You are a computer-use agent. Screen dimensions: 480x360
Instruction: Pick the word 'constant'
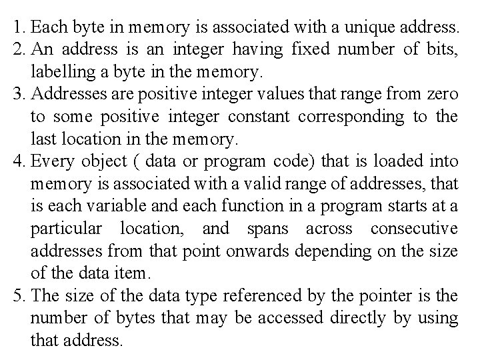tap(259, 116)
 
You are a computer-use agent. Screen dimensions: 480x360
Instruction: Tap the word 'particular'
tap(66, 229)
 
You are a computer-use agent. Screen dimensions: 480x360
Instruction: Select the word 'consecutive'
tap(414, 229)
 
